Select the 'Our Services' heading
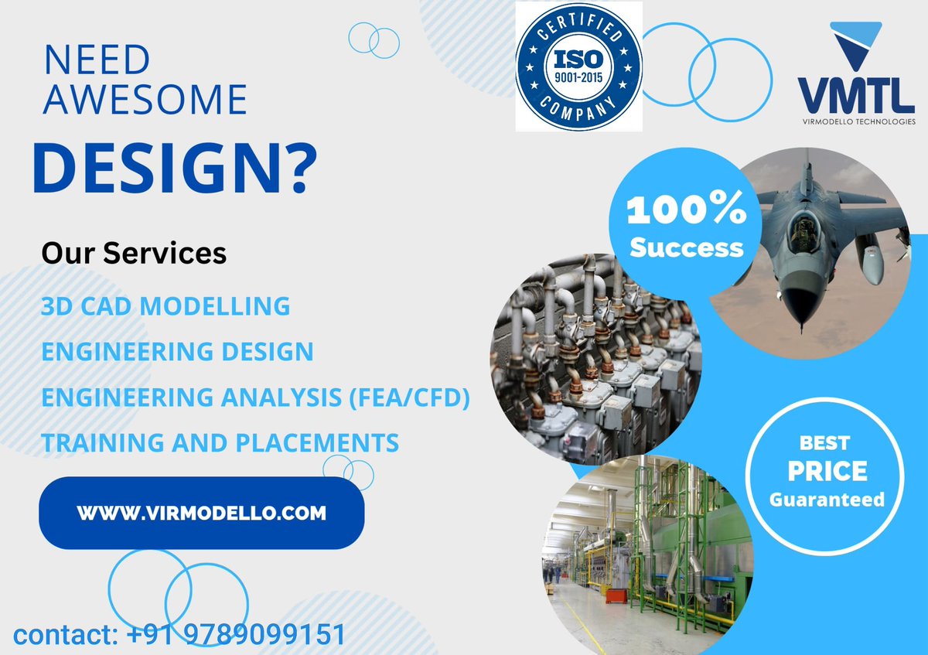point(134,253)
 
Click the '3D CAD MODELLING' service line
point(165,306)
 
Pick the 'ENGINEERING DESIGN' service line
point(177,352)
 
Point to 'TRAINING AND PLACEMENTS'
point(220,443)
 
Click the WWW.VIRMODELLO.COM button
point(201,513)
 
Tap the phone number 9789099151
point(264,636)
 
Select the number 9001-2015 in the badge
point(578,77)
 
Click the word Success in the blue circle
point(686,247)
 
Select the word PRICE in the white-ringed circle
point(827,471)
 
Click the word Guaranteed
point(827,499)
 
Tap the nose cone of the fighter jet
point(802,317)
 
